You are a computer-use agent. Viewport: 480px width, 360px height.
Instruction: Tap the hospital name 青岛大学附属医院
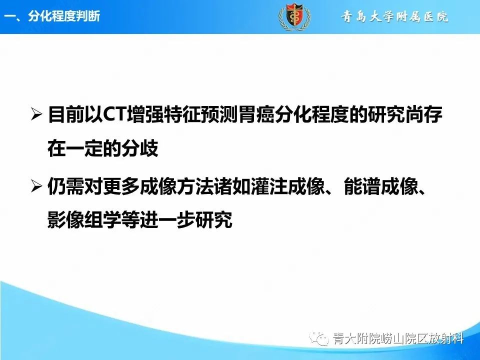[394, 17]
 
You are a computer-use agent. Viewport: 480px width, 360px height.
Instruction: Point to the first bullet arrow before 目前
[36, 116]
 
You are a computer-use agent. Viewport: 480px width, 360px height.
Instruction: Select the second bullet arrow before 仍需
[36, 187]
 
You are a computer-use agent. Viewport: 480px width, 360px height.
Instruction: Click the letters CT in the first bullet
[115, 116]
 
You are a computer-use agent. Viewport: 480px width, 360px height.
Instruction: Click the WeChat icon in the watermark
[318, 339]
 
